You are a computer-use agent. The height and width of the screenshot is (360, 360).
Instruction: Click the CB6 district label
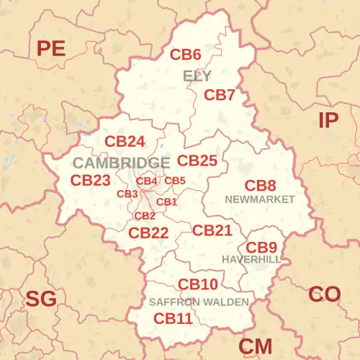pos(185,54)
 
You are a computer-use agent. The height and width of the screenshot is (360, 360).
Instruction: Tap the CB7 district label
pos(220,95)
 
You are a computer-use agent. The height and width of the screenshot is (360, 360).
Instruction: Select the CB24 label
pos(125,142)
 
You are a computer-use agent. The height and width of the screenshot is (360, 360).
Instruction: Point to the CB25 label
pos(197,161)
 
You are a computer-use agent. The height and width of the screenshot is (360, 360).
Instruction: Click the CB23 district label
pos(91,180)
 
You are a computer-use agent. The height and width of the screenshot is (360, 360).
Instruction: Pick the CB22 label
pos(148,233)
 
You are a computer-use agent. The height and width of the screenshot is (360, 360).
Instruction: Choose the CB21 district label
pos(212,230)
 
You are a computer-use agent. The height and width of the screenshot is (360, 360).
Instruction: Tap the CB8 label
pos(260,186)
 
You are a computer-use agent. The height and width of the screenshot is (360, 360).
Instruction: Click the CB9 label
pos(261,247)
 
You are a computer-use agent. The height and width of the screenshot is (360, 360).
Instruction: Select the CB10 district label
pos(198,284)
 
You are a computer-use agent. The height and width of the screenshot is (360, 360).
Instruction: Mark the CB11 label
pos(173,318)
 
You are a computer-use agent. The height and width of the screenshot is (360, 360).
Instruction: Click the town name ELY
pos(197,76)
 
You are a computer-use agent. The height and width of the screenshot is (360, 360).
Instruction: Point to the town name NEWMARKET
pos(260,199)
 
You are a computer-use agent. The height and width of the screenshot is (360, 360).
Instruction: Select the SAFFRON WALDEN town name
pos(199,302)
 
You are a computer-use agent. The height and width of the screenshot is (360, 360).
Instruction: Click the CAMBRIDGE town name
pos(121,163)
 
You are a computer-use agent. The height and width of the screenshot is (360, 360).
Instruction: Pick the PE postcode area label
pos(51,49)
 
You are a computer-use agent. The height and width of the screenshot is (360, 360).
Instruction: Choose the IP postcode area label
pos(328,120)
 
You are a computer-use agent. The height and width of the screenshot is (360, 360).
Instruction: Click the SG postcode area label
pos(41,299)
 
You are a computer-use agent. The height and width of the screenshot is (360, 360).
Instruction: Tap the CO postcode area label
pos(324,294)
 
